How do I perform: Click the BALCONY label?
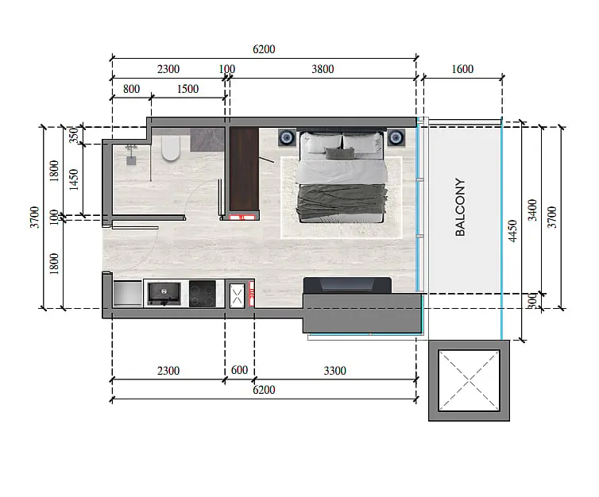460,207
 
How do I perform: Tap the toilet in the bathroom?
170,148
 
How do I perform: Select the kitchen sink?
164,294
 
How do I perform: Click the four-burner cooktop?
203,294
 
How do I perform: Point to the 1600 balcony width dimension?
462,69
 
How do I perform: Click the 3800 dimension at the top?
323,69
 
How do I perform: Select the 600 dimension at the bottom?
240,370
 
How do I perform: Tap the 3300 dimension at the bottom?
334,371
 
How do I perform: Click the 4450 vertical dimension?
512,230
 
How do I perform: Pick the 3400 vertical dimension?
531,210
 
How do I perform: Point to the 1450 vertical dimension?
73,179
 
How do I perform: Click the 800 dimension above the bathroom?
131,89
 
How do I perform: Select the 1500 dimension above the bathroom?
187,89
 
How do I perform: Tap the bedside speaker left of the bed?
287,137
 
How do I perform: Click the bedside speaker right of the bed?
396,137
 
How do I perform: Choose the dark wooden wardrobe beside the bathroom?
244,169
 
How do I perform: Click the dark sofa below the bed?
347,286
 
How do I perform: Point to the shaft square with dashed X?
470,380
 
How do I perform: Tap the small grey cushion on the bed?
339,152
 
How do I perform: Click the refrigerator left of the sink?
128,293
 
